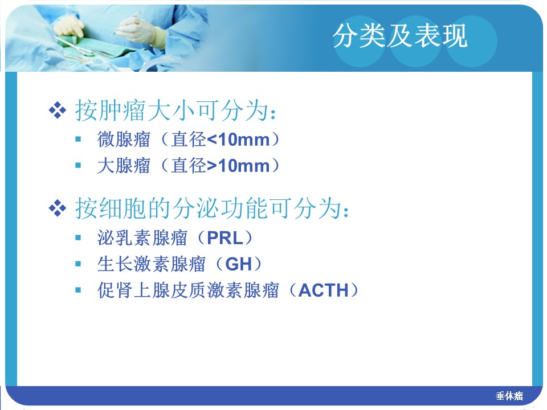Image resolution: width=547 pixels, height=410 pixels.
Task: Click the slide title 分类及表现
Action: (x=400, y=36)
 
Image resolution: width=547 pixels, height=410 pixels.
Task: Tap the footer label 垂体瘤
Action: (x=509, y=396)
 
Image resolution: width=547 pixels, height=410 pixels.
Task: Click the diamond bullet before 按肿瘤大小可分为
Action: (x=57, y=110)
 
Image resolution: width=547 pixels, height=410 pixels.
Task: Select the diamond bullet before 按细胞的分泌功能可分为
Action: (x=57, y=208)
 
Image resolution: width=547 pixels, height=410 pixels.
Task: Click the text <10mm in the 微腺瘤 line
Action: (x=238, y=140)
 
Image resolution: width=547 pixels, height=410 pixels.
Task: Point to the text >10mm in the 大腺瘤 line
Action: (x=238, y=166)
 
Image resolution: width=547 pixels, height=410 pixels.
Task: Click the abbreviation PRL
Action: (x=225, y=238)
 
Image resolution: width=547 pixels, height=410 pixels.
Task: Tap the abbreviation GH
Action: (x=239, y=264)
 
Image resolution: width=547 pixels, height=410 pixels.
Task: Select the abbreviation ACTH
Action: (x=324, y=290)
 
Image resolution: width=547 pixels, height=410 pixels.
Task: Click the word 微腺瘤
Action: (x=124, y=140)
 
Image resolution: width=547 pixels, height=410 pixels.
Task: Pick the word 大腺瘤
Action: (x=124, y=166)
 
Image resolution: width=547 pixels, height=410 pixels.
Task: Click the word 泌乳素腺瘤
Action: (x=142, y=238)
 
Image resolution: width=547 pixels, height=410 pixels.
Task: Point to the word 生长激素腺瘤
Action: (x=152, y=264)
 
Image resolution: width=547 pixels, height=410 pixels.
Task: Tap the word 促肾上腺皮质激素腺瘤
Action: (x=188, y=290)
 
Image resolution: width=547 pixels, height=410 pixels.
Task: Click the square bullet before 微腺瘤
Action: (x=78, y=140)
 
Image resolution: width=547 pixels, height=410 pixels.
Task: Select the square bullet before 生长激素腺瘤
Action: (x=78, y=264)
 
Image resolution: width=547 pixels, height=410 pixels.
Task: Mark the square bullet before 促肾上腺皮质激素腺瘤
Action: (x=78, y=290)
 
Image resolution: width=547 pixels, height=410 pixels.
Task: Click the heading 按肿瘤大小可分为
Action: (x=176, y=111)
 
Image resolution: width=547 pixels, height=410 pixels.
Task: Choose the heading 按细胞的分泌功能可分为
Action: (x=212, y=208)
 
